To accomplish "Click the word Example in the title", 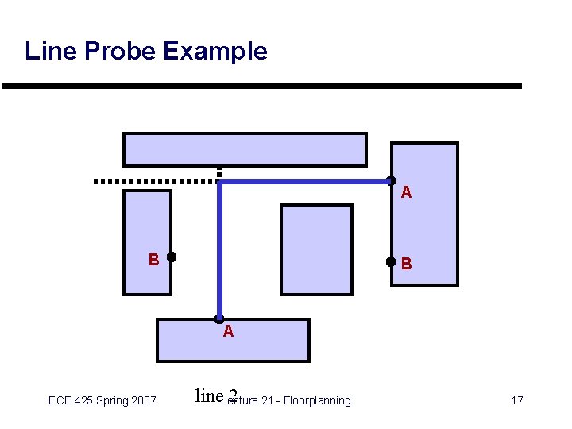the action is [x=214, y=52].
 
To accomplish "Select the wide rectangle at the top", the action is [x=245, y=149].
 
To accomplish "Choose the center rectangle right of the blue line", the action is [x=317, y=249].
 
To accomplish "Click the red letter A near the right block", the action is [x=406, y=192].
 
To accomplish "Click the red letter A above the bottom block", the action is [x=228, y=332].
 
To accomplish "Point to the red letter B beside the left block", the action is [x=153, y=259].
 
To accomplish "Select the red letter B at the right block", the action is [x=406, y=263].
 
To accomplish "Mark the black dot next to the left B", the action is [x=172, y=257].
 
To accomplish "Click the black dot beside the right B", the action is [x=390, y=261].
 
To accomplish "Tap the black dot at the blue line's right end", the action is [x=390, y=181].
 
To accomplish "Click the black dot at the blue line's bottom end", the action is [x=219, y=319].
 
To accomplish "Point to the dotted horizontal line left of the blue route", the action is [x=155, y=181].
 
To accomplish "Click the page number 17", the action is [x=516, y=400].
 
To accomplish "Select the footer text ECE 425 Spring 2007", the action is [x=102, y=400].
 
